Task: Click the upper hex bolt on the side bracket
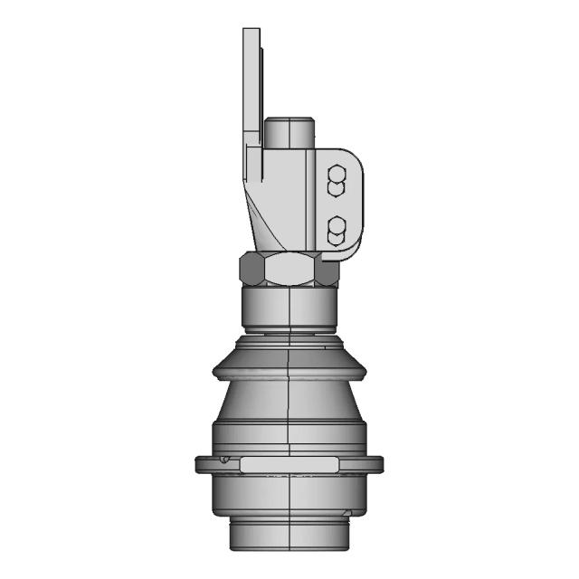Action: (336, 180)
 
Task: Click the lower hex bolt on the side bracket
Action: (336, 230)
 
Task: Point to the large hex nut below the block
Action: (289, 269)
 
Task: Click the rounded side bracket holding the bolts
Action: (352, 204)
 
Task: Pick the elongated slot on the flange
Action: (289, 464)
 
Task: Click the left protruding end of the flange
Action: (203, 465)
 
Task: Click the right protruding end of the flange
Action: (375, 465)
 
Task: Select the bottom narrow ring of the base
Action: (289, 536)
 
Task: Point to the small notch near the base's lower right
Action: (349, 516)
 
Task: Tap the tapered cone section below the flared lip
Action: (289, 403)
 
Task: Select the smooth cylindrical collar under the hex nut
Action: (289, 308)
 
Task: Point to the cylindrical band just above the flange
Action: (289, 437)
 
